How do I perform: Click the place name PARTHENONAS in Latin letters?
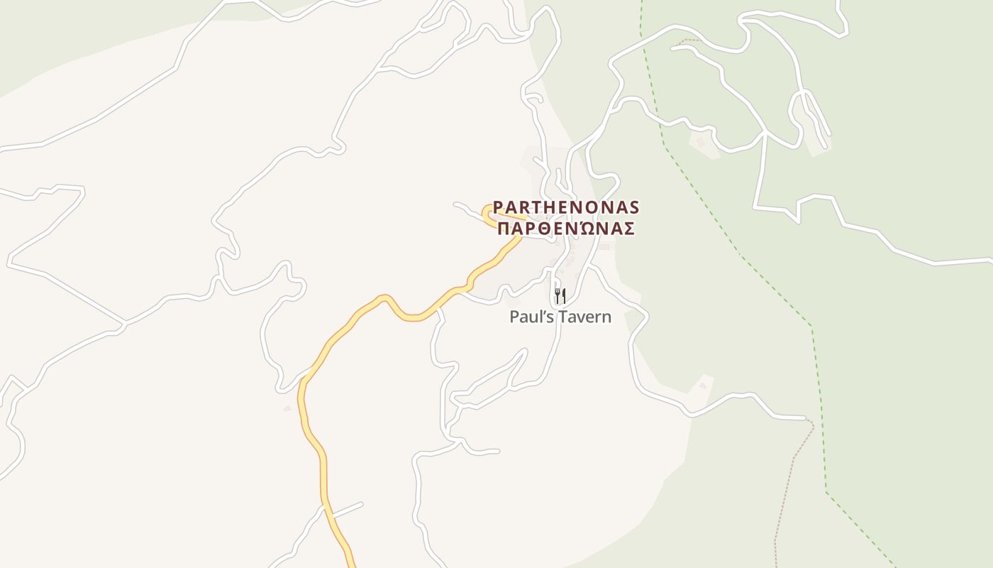click(566, 207)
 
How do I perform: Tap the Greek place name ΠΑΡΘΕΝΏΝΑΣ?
click(565, 229)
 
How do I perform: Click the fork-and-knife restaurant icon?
click(560, 295)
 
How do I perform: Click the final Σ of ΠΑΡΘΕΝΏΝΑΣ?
click(627, 229)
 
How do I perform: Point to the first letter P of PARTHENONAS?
click(499, 207)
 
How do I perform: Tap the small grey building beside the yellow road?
click(287, 408)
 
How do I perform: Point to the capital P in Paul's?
click(514, 317)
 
